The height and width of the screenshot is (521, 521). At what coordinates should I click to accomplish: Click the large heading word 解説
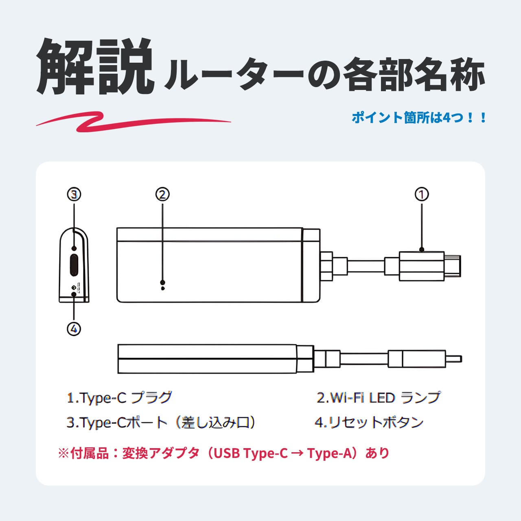tap(96, 67)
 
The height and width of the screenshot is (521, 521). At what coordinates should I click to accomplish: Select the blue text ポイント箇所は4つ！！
tap(419, 118)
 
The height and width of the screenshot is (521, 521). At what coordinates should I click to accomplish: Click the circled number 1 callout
tap(422, 195)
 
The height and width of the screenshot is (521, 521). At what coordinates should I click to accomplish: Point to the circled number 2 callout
tap(162, 195)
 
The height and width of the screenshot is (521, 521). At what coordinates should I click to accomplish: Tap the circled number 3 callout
tap(74, 195)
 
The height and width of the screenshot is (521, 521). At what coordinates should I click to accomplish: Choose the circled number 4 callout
tap(74, 328)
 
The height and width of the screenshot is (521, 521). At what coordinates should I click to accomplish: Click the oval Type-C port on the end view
tap(74, 265)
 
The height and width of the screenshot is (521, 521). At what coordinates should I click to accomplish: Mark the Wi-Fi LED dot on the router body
tap(163, 282)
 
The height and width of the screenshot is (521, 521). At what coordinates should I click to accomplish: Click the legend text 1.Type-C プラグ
tap(119, 398)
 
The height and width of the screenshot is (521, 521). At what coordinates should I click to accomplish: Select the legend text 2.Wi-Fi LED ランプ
tap(379, 398)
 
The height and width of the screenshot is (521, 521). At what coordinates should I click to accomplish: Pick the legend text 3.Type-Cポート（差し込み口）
tap(161, 422)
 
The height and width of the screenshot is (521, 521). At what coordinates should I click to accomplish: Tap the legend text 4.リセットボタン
tap(369, 422)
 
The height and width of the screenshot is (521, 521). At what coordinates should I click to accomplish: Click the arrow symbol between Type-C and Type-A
tap(297, 453)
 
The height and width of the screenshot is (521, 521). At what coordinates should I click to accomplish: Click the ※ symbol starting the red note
tap(63, 453)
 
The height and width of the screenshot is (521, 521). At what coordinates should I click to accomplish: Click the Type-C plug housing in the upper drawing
tap(421, 266)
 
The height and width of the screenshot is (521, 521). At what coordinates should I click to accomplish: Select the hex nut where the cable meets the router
tap(326, 266)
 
